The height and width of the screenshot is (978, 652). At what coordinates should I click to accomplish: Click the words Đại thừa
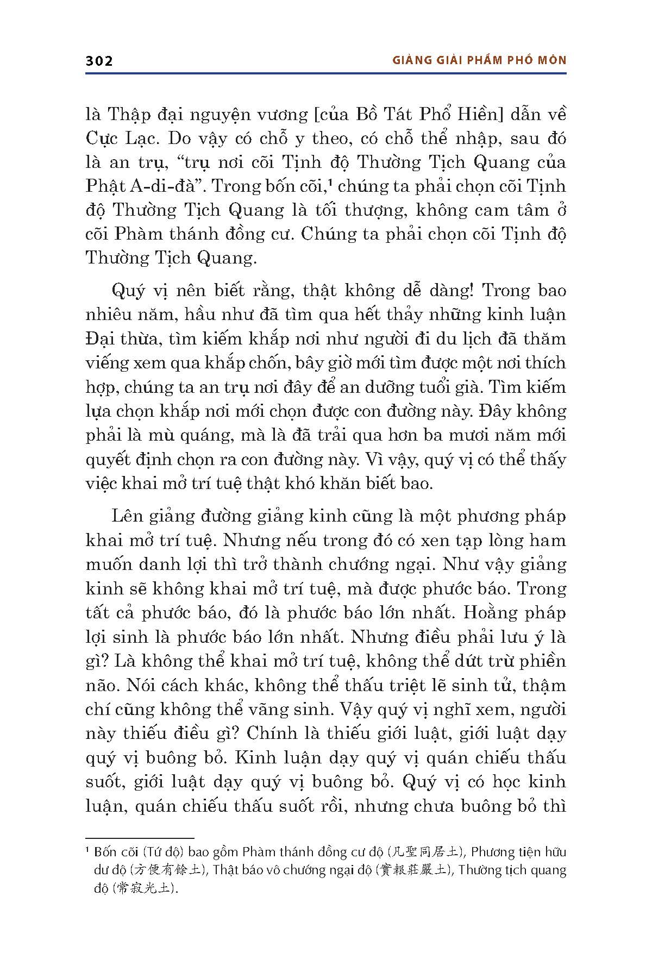pyautogui.click(x=122, y=339)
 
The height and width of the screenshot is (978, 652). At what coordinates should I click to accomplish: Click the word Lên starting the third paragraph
pyautogui.click(x=127, y=516)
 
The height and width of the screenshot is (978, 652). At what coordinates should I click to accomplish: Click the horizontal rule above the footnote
pyautogui.click(x=140, y=838)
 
